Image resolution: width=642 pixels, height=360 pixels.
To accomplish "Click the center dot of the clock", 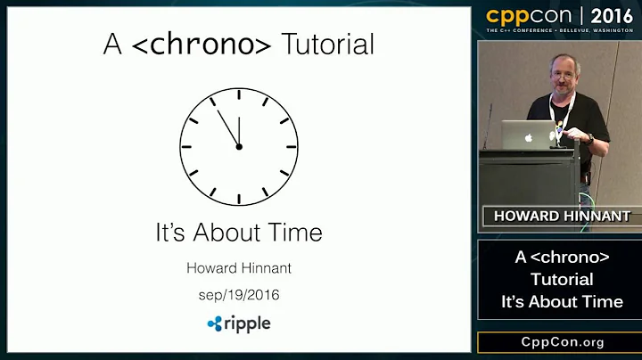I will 239,146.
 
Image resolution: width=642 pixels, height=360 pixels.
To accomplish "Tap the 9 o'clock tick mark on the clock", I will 185,146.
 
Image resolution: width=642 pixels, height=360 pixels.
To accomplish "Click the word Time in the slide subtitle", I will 294,233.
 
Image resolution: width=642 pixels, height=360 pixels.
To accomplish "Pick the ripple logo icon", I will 214,323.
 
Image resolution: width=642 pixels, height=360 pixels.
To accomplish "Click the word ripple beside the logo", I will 247,323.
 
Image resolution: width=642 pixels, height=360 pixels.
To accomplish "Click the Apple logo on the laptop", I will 528,138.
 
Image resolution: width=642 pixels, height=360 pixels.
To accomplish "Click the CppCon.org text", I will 562,342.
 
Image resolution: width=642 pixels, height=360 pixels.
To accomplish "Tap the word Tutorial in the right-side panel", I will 562,280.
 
